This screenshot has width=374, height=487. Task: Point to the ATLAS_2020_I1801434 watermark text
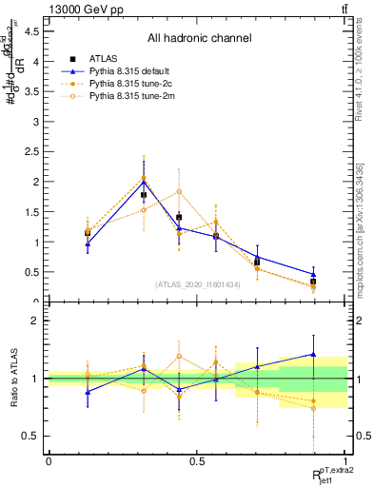pyautogui.click(x=198, y=283)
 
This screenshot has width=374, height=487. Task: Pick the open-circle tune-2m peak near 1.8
pyautogui.click(x=179, y=191)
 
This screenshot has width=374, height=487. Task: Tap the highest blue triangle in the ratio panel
pyautogui.click(x=313, y=354)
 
